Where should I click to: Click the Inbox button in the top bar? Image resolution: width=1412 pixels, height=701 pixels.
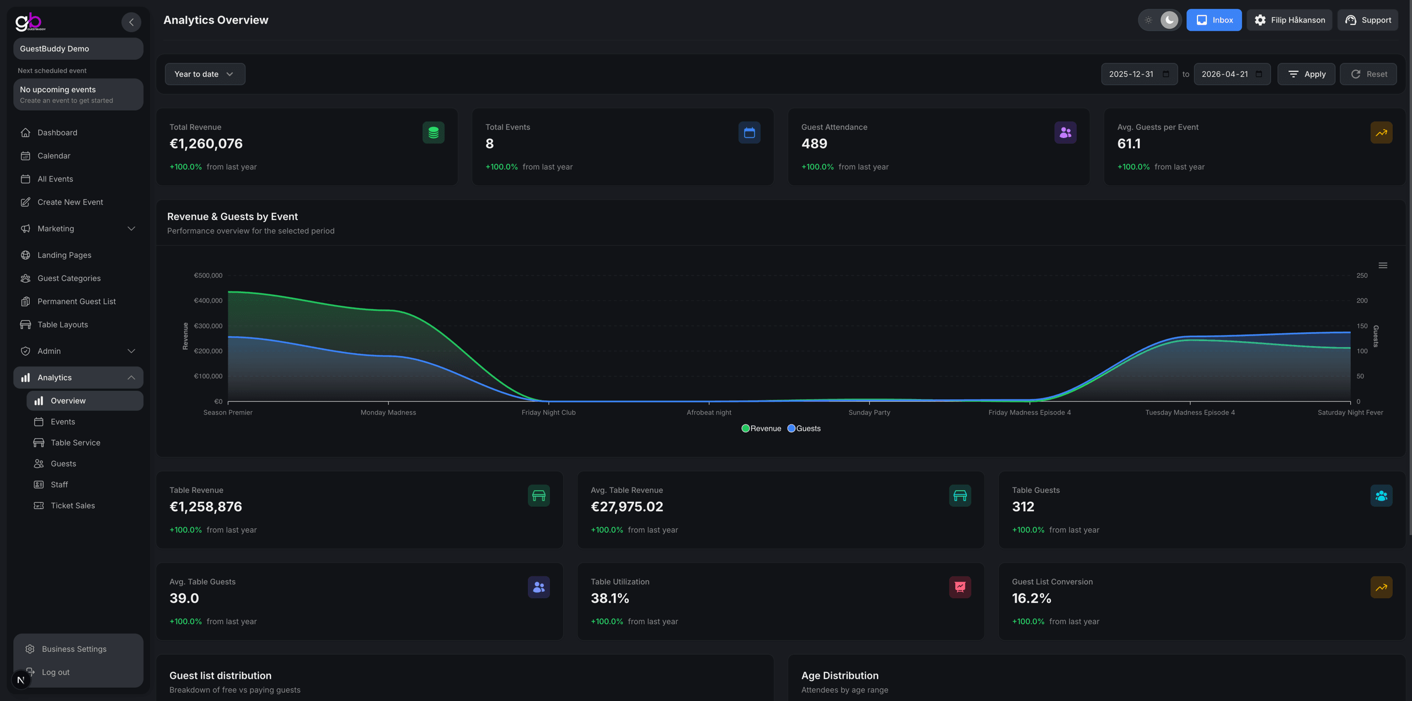pos(1213,20)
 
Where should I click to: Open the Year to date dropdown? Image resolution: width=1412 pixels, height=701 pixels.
pos(205,74)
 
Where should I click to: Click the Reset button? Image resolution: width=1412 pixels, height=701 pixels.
pos(1368,74)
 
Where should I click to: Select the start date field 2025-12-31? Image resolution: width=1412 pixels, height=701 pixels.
pos(1132,74)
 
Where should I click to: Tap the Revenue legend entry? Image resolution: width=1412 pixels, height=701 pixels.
pos(761,428)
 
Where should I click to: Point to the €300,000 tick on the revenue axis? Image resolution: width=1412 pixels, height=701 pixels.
pos(208,326)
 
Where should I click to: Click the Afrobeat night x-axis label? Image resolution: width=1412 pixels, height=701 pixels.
pos(709,412)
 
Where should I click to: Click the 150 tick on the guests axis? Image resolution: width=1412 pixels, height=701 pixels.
pos(1362,326)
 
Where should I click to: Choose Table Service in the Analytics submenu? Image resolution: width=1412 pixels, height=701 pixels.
pos(76,443)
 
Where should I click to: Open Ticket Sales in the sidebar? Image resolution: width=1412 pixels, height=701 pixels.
pos(73,506)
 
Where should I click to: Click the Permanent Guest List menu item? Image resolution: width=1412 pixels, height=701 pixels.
pos(77,301)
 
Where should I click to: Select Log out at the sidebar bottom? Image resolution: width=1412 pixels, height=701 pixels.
pos(56,672)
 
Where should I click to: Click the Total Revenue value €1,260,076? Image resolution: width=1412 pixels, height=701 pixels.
pos(206,144)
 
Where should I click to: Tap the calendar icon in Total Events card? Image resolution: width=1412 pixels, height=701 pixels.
pos(749,132)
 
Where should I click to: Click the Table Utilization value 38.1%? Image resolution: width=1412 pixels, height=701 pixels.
pos(609,598)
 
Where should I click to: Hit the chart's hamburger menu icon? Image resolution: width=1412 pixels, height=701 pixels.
pos(1383,265)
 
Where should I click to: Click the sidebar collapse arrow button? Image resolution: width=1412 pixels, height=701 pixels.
pos(131,22)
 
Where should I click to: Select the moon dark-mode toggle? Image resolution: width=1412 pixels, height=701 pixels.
pos(1169,20)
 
